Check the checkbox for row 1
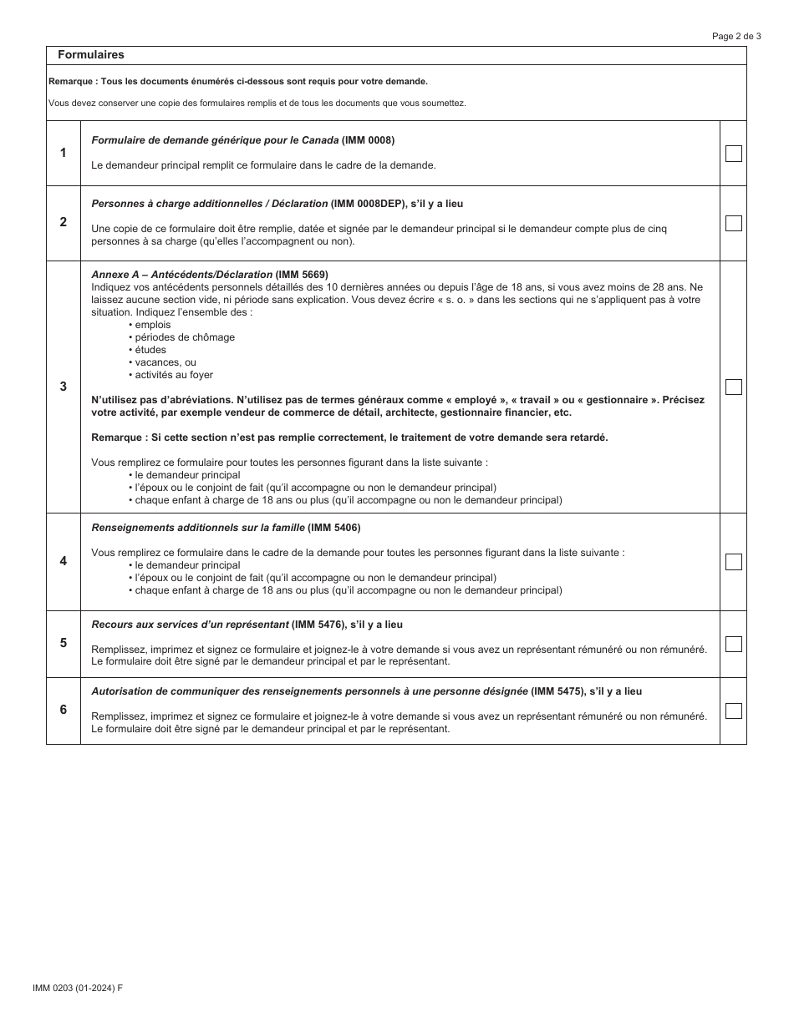pyautogui.click(x=733, y=154)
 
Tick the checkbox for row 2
pyautogui.click(x=733, y=223)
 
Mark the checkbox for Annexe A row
pyautogui.click(x=733, y=387)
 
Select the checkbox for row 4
pyautogui.click(x=733, y=562)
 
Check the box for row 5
pyautogui.click(x=733, y=644)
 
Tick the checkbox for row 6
pyautogui.click(x=733, y=711)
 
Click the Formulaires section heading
pyautogui.click(x=90, y=55)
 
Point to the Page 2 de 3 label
pyautogui.click(x=736, y=36)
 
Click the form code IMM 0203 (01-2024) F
pyautogui.click(x=78, y=988)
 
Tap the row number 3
pyautogui.click(x=64, y=387)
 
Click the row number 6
pyautogui.click(x=64, y=710)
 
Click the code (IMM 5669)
pyautogui.click(x=302, y=275)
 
